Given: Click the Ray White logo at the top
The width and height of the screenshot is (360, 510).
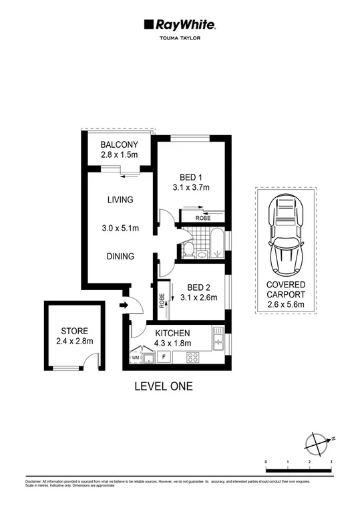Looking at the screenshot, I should (179, 25).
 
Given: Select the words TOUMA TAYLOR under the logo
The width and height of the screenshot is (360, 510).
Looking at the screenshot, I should (179, 39).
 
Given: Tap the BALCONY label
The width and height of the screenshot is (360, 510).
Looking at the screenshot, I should (119, 145).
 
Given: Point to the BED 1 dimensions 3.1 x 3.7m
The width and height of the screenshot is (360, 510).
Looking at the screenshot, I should (191, 188).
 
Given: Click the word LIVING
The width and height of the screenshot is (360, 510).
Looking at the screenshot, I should (120, 199).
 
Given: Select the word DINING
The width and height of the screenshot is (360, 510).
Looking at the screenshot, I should (120, 256).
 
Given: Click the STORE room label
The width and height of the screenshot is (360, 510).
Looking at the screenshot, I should (74, 331).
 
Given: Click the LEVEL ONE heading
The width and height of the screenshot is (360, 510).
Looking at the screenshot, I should (164, 386).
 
